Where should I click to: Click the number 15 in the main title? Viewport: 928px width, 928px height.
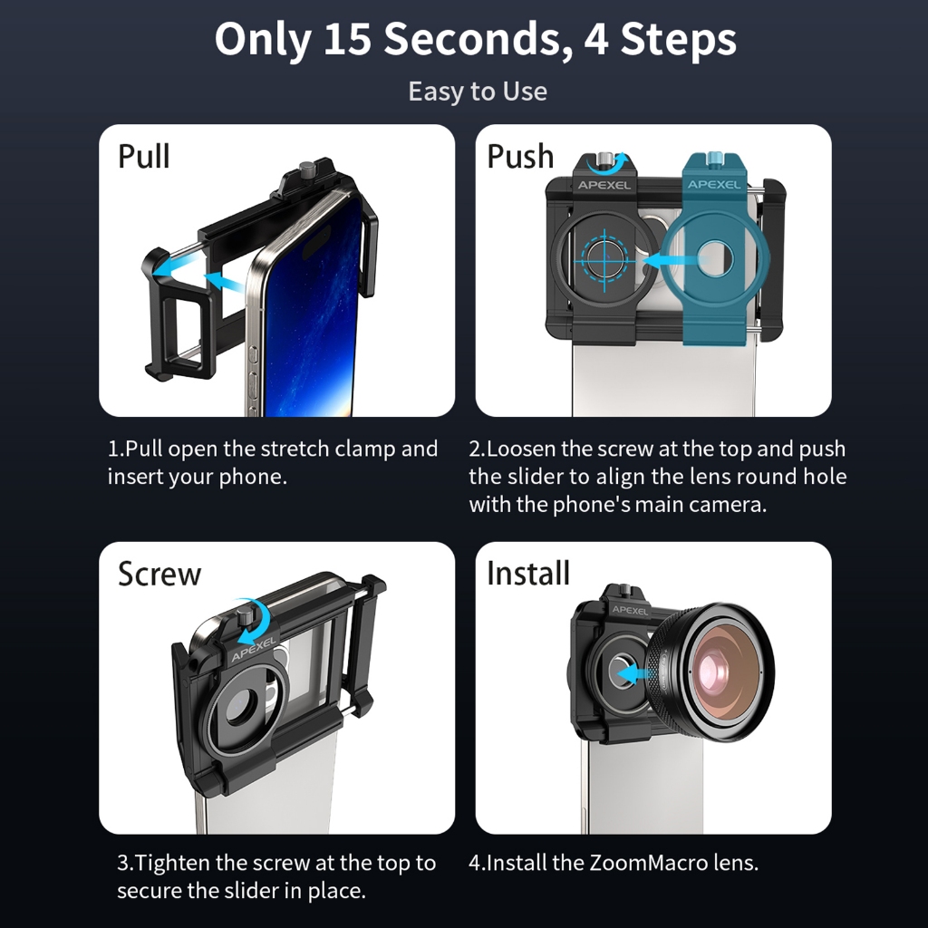point(347,39)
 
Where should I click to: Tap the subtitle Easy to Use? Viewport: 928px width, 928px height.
point(478,92)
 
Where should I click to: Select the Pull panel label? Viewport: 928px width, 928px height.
point(144,156)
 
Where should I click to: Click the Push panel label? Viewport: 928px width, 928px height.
point(520,156)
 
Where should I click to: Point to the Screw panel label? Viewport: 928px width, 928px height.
point(159,574)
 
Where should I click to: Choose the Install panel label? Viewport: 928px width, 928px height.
point(528,573)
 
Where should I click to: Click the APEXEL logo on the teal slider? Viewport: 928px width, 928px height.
point(714,185)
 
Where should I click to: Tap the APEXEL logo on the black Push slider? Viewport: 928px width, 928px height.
point(604,185)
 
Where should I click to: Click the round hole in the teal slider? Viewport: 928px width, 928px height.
point(714,259)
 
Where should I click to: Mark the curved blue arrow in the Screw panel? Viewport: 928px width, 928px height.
point(258,623)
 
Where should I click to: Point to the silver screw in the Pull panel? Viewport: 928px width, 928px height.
point(306,169)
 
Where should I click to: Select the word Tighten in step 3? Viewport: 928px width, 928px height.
point(172,864)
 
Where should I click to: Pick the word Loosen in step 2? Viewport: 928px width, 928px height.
point(520,449)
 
